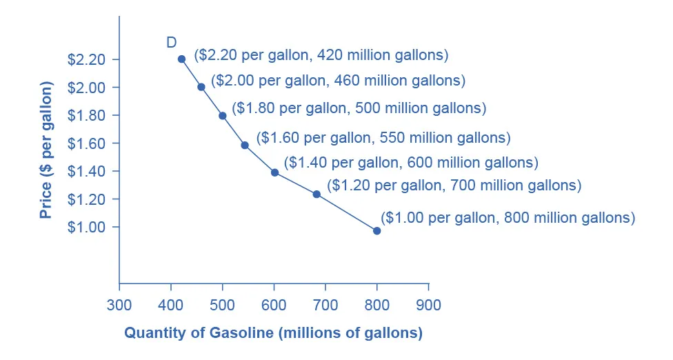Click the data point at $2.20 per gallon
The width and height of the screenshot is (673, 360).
click(x=181, y=59)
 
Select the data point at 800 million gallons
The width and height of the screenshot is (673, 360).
click(x=376, y=231)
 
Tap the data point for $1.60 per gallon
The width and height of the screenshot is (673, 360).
click(x=245, y=146)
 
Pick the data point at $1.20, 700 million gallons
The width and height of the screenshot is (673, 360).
click(x=317, y=194)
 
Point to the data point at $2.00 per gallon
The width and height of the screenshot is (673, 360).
click(x=201, y=87)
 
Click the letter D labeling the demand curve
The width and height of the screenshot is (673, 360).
click(x=172, y=43)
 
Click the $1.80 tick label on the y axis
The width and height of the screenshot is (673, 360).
click(x=86, y=115)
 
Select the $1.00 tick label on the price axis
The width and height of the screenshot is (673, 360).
click(x=86, y=227)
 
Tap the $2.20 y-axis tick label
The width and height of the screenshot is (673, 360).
click(x=86, y=59)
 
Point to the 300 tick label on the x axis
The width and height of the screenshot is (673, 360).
click(x=119, y=305)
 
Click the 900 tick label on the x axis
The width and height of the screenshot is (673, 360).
click(x=428, y=305)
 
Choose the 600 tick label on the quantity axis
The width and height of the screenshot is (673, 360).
click(x=274, y=305)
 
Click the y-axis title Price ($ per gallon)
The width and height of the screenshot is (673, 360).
click(x=46, y=150)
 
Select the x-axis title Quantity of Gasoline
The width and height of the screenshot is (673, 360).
click(x=273, y=333)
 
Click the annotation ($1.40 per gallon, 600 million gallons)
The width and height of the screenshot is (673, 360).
click(x=411, y=163)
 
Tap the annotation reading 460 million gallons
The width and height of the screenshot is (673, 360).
click(x=338, y=81)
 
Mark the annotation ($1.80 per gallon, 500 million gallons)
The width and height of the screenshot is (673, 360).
click(x=359, y=108)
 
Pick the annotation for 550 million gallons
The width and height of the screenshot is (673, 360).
click(x=383, y=137)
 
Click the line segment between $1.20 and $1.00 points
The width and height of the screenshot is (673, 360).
click(x=347, y=213)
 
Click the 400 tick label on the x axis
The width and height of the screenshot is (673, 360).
click(x=171, y=305)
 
